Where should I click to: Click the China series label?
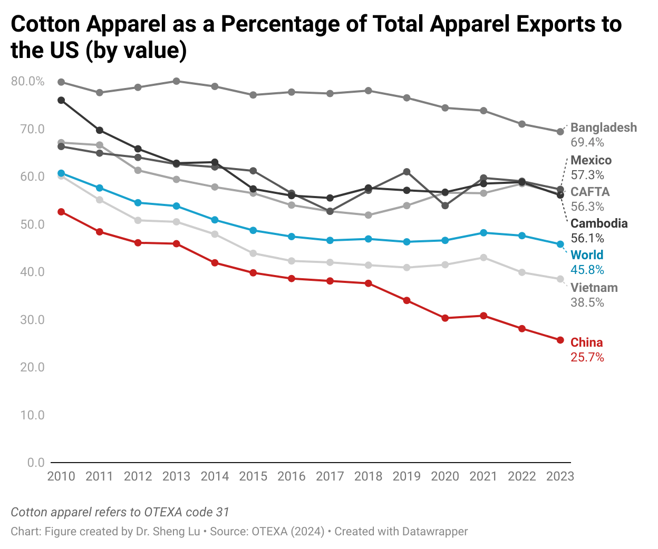(x=586, y=342)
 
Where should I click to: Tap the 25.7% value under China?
(x=587, y=357)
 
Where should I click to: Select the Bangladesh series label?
(x=603, y=128)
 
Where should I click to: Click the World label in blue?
(x=586, y=255)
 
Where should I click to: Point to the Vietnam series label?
(x=594, y=288)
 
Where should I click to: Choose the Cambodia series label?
(x=599, y=223)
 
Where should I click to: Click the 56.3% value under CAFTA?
(x=587, y=207)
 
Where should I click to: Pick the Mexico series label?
(x=591, y=160)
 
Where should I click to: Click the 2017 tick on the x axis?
(x=330, y=476)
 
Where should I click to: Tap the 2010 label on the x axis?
(x=61, y=476)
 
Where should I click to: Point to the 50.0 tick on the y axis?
(x=32, y=224)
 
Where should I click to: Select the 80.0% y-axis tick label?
(x=28, y=81)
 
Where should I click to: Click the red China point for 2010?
(x=61, y=212)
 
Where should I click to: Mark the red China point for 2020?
(x=445, y=318)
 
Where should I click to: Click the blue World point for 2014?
(x=215, y=220)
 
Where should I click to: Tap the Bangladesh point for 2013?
(x=177, y=81)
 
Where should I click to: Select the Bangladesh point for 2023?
(x=560, y=132)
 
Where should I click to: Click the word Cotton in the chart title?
(x=45, y=24)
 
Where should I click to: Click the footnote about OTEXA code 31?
(x=120, y=512)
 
